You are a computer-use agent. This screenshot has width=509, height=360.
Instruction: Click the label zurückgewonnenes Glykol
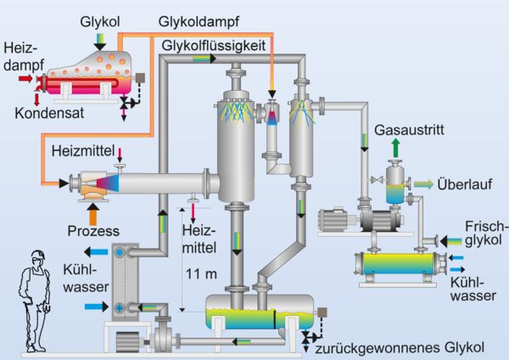coord(398,346)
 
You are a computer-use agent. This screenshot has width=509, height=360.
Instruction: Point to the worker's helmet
coord(36,255)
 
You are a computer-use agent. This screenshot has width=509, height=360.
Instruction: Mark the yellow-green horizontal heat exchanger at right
coord(395,265)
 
